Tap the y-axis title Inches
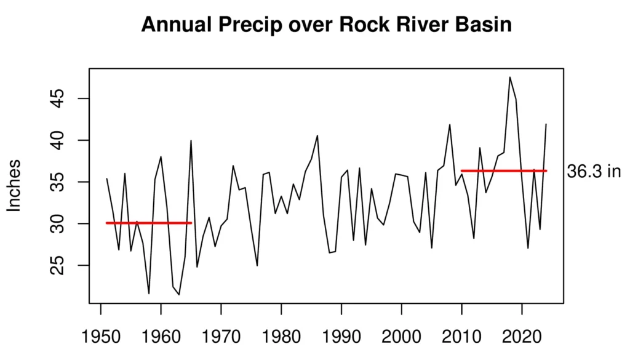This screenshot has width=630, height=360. pos(14,185)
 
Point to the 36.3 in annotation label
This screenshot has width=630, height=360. pos(593,172)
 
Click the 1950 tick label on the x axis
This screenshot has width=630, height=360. pos(100,338)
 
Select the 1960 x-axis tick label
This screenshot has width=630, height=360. pos(161,338)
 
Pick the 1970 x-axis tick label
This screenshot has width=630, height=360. pos(221,338)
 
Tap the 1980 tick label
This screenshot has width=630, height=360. pos(281,338)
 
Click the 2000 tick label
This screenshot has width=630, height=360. pos(401,338)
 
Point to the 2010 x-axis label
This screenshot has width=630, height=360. pos(461,338)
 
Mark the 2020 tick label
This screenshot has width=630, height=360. pos(522,338)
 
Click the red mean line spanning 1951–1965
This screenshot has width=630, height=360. pos(148,223)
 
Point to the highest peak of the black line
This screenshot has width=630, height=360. pos(510,78)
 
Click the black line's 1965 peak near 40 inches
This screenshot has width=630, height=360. pos(191,141)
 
